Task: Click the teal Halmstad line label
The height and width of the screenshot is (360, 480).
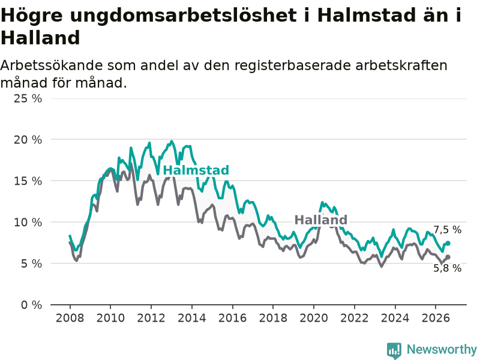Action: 196,170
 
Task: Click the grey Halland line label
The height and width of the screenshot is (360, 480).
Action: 321,220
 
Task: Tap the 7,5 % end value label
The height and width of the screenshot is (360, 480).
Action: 447,230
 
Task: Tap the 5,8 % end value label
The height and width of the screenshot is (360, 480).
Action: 447,268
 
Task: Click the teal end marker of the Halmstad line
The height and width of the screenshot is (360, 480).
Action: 448,243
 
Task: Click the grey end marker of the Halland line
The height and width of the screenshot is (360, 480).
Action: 448,257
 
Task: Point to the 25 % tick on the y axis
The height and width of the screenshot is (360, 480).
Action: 28,98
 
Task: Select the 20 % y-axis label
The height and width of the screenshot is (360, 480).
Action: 28,140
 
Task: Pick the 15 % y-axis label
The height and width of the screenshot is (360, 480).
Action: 28,181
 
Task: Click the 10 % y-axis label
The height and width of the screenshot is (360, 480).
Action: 28,222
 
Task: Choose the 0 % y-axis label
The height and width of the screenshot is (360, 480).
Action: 32,305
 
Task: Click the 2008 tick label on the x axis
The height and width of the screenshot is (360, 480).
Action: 70,318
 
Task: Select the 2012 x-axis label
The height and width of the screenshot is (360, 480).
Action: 151,318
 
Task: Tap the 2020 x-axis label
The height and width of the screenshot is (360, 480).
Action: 314,318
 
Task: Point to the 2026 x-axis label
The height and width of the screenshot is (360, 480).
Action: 436,318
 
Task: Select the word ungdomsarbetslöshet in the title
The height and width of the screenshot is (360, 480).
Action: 183,16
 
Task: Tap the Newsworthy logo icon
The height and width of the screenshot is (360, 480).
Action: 394,350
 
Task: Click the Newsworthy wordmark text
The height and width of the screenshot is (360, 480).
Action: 442,349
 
